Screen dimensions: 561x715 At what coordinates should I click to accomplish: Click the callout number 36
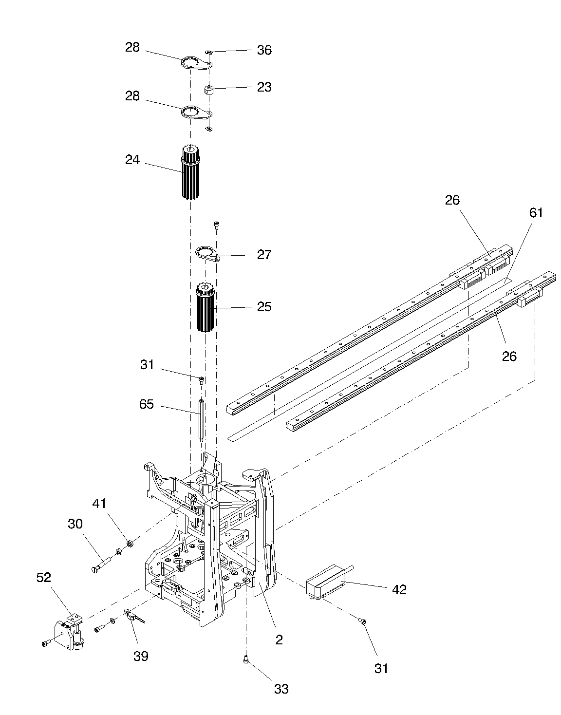[x=264, y=50]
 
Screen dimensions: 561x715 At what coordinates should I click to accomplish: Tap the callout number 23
[x=264, y=87]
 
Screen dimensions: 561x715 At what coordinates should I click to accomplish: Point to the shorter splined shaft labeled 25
[x=205, y=308]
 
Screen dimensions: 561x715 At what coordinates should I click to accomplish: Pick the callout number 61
[x=536, y=213]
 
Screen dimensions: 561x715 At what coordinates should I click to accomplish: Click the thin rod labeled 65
[x=201, y=421]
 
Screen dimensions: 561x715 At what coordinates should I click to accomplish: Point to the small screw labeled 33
[x=246, y=666]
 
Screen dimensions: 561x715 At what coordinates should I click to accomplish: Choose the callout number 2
[x=279, y=640]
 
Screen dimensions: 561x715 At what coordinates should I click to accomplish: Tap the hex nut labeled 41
[x=130, y=543]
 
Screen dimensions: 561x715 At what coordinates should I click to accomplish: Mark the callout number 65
[x=146, y=404]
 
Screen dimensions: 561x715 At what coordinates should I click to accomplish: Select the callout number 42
[x=399, y=590]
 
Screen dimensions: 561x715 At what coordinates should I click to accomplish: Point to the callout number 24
[x=132, y=160]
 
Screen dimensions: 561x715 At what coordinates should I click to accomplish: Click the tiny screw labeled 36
[x=208, y=52]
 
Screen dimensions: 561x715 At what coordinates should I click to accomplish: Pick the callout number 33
[x=281, y=689]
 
